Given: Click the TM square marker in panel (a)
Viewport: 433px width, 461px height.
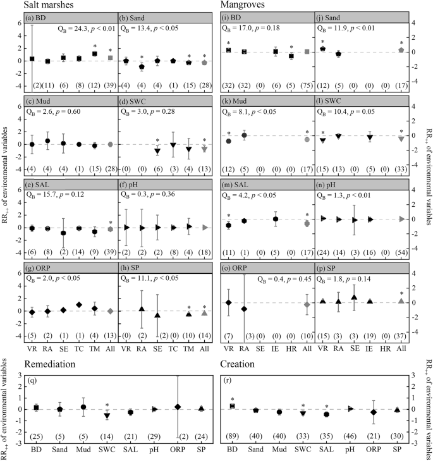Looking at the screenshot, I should pyautogui.click(x=94, y=54).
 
